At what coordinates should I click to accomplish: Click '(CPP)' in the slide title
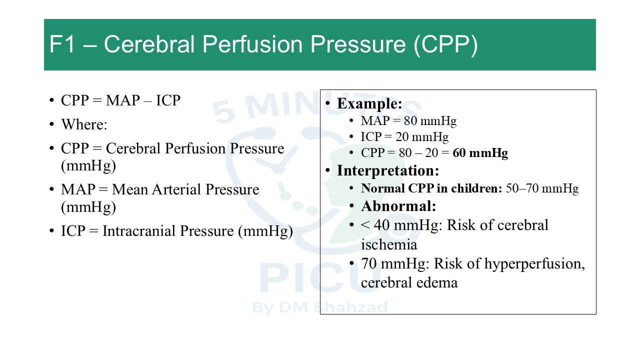pyautogui.click(x=445, y=45)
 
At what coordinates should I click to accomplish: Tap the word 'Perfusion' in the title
pyautogui.click(x=252, y=44)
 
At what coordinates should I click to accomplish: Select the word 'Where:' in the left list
pyautogui.click(x=84, y=124)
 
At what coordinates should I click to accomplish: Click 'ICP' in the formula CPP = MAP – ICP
pyautogui.click(x=168, y=100)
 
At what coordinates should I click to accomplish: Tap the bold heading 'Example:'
pyautogui.click(x=369, y=103)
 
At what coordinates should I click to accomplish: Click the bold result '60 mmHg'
pyautogui.click(x=480, y=153)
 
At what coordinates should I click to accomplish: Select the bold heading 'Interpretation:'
pyautogui.click(x=388, y=170)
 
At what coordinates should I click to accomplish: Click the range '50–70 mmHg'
pyautogui.click(x=542, y=188)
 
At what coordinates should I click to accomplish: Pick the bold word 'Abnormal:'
pyautogui.click(x=398, y=206)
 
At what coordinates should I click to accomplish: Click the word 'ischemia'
pyautogui.click(x=389, y=244)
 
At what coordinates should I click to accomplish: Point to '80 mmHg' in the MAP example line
pyautogui.click(x=430, y=121)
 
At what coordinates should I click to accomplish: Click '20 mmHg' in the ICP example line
pyautogui.click(x=422, y=137)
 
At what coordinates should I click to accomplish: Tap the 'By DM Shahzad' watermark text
pyautogui.click(x=319, y=307)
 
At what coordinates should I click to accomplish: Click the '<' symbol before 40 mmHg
pyautogui.click(x=365, y=225)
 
